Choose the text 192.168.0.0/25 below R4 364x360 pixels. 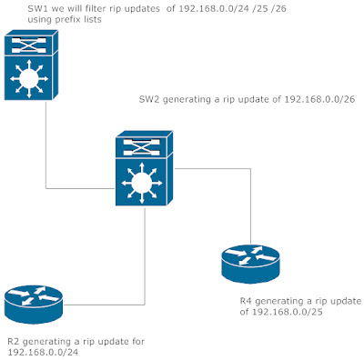285,312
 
